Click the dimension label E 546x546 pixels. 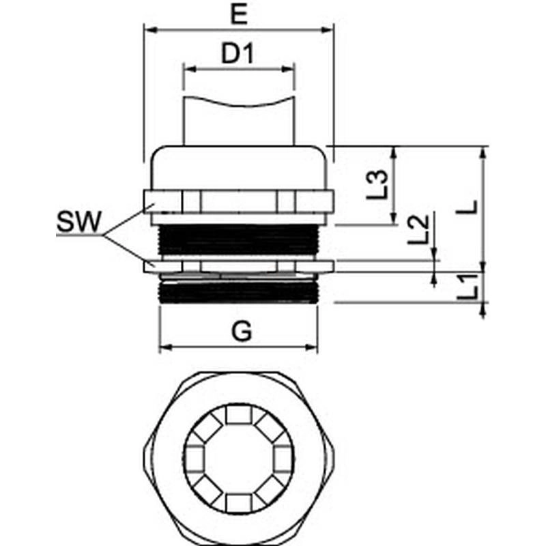[240, 14]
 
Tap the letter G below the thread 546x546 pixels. [242, 331]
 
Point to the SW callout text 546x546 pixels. [78, 222]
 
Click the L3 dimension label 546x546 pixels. [377, 184]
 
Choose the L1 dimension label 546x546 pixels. [467, 287]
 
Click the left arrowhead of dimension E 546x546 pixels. [150, 30]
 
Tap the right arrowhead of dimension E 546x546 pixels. [328, 30]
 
